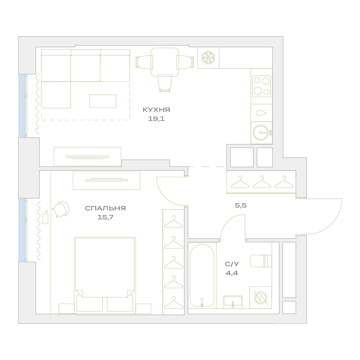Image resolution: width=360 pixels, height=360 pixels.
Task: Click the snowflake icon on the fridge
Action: [208, 58]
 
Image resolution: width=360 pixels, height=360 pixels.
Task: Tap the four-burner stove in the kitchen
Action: [261, 86]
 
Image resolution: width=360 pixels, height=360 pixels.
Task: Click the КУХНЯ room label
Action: [156, 110]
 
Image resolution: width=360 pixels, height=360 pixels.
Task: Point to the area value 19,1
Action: [156, 119]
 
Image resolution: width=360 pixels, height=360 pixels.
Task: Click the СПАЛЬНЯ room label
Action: [105, 208]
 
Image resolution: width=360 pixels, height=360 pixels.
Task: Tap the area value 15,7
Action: [105, 217]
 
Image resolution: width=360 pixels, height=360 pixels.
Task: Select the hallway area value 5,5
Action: [241, 205]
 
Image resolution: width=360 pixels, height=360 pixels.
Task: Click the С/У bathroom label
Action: [232, 264]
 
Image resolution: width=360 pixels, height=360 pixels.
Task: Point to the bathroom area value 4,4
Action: [231, 273]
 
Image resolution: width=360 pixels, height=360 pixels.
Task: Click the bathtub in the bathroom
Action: [202, 275]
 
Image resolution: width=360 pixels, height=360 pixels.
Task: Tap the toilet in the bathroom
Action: [261, 261]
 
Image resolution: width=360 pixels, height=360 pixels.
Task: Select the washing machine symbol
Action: [261, 298]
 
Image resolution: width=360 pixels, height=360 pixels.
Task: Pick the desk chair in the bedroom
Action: [61, 209]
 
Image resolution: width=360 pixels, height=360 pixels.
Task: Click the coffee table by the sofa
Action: [103, 101]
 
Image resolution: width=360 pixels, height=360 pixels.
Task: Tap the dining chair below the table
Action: [165, 83]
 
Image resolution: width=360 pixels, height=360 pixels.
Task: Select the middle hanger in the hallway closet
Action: [262, 182]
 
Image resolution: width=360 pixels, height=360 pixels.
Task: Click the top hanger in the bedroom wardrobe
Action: [174, 222]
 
